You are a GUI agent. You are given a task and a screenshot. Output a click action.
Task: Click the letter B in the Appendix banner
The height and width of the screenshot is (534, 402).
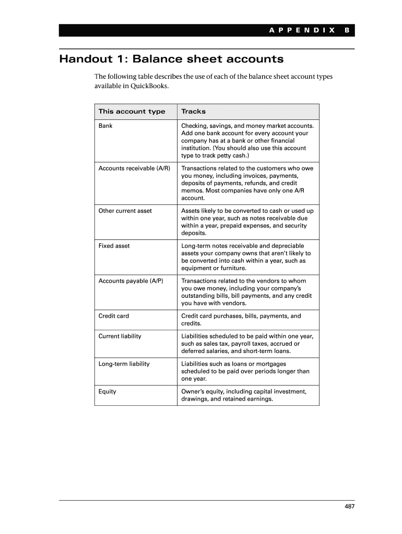pyautogui.click(x=346, y=31)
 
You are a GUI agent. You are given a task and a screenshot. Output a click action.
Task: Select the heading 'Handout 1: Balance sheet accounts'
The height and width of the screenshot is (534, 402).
pyautogui.click(x=171, y=59)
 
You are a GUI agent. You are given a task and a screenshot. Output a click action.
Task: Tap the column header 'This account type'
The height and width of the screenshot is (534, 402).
pyautogui.click(x=132, y=112)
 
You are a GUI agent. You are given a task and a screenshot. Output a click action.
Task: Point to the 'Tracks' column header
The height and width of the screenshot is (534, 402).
pyautogui.click(x=193, y=112)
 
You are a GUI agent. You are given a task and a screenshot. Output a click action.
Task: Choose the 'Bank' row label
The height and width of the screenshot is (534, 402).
pyautogui.click(x=105, y=126)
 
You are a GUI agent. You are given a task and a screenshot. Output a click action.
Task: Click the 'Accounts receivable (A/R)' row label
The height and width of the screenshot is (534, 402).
pyautogui.click(x=134, y=168)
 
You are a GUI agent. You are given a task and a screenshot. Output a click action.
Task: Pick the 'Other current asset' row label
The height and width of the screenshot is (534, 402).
pyautogui.click(x=125, y=211)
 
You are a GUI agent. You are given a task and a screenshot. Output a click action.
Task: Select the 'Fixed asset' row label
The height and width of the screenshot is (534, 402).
pyautogui.click(x=114, y=246)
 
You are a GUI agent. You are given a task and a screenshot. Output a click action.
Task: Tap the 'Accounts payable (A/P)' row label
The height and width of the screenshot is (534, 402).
pyautogui.click(x=131, y=281)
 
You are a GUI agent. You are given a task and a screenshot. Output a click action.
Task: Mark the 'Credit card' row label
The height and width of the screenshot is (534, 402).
pyautogui.click(x=114, y=316)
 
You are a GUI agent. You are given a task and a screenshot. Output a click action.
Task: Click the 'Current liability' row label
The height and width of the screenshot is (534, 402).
pyautogui.click(x=120, y=336)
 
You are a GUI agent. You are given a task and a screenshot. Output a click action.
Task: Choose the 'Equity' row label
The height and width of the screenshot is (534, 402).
pyautogui.click(x=108, y=392)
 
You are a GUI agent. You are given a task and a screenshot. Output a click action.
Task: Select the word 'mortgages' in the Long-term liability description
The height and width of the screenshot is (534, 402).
pyautogui.click(x=271, y=364)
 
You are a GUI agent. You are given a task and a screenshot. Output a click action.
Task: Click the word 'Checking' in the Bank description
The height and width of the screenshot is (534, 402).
pyautogui.click(x=194, y=126)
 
